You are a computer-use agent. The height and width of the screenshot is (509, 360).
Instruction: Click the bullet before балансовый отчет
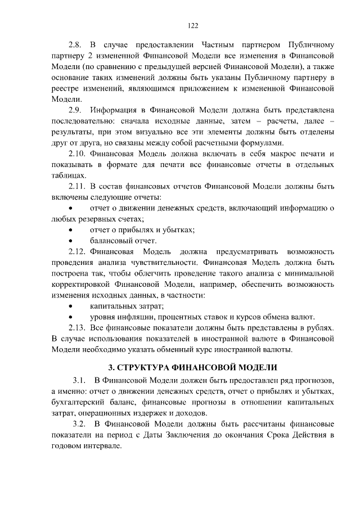tap(70, 241)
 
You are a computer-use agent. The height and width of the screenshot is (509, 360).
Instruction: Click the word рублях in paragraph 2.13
tap(322, 328)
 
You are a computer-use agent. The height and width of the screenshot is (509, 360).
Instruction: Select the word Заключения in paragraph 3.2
tap(193, 435)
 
